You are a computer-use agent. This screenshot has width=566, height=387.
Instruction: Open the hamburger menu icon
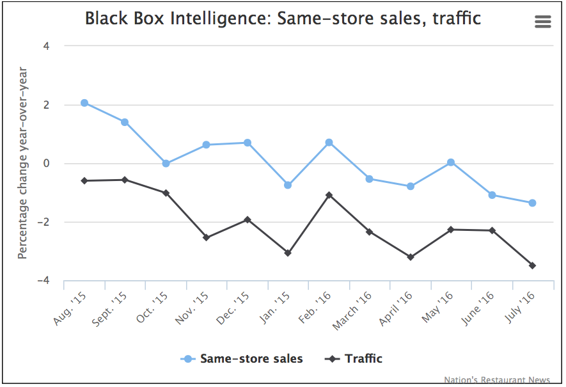tap(542, 22)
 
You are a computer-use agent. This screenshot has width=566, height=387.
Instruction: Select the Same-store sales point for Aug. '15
tap(84, 103)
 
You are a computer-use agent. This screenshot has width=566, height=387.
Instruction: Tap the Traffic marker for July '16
tap(532, 265)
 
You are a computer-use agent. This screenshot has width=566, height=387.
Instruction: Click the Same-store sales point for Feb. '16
tap(329, 143)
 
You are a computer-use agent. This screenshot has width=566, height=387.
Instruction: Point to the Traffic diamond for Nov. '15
tap(207, 237)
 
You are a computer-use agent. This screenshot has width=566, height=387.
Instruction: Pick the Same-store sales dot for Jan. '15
tap(288, 185)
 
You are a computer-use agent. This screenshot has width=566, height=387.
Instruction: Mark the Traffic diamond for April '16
tap(411, 257)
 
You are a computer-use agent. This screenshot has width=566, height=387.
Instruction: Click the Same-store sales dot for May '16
tap(451, 162)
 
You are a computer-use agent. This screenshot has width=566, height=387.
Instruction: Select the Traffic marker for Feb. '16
tap(329, 194)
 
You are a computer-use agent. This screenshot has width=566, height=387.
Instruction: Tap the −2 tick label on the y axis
tap(45, 223)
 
